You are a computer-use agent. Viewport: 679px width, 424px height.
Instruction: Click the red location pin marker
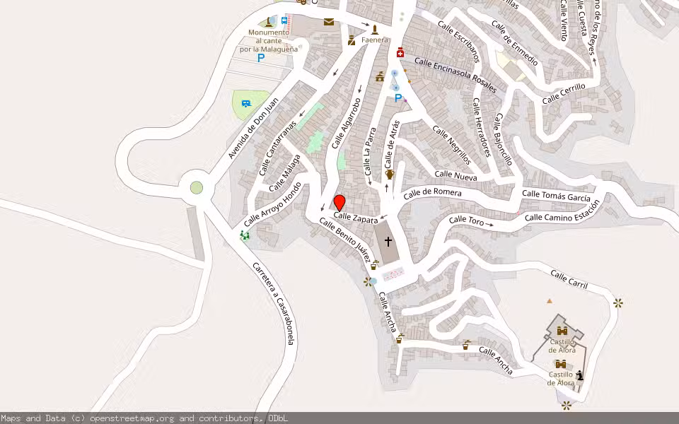tap(339, 202)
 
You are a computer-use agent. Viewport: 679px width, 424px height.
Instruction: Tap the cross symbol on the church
tap(388, 241)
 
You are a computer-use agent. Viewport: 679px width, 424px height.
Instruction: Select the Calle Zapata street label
tap(356, 218)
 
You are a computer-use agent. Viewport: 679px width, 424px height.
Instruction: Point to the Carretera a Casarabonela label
tap(275, 303)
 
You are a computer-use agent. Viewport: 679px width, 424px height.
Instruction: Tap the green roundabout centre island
tap(197, 188)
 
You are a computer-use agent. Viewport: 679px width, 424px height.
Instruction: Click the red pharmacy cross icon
tap(400, 53)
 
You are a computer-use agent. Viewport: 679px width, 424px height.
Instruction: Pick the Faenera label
tap(375, 40)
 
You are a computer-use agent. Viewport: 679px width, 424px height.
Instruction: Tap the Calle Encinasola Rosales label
tap(456, 76)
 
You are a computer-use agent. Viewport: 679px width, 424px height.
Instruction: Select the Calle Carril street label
tap(569, 278)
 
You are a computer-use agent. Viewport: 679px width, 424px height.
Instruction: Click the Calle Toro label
tap(466, 221)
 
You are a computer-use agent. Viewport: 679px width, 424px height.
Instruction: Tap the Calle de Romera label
tap(432, 193)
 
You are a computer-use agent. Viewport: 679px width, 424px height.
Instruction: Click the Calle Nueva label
tap(455, 175)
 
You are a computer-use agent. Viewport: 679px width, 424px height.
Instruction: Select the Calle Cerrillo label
tap(564, 94)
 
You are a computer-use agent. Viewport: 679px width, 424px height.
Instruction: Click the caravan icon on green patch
tap(246, 104)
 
